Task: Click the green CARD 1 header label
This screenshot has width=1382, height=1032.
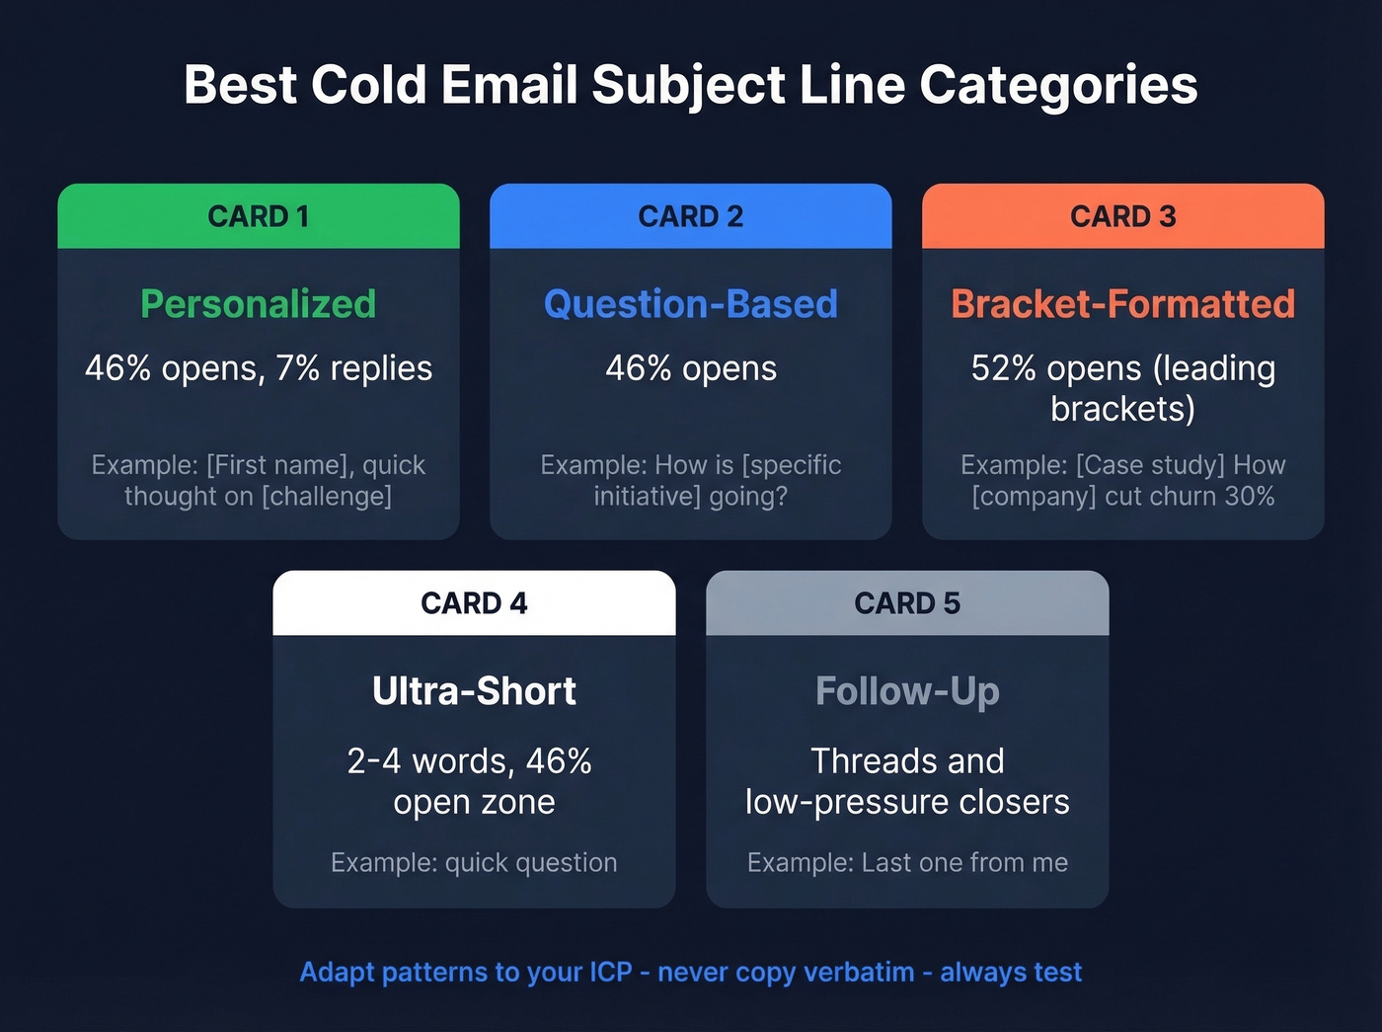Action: pos(259,216)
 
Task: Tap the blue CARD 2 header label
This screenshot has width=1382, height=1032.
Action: pos(691,216)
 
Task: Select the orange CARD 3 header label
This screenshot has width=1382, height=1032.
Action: pos(1123,216)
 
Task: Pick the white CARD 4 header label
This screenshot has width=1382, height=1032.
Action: pos(474,603)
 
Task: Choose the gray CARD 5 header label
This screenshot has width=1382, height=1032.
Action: pos(907,603)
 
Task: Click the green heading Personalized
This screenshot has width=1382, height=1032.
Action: pos(259,304)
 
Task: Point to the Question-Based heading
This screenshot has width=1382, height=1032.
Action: pos(691,304)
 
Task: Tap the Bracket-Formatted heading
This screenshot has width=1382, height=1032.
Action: pos(1123,304)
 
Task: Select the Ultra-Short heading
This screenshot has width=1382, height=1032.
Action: pos(474,691)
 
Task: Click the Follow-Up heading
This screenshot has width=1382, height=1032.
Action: pos(907,691)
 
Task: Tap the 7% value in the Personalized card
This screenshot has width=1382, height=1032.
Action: pos(298,368)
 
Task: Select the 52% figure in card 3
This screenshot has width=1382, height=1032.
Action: pos(1003,368)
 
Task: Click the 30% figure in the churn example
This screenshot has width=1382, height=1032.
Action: pos(1250,496)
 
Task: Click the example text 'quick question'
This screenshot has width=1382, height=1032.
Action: pos(531,863)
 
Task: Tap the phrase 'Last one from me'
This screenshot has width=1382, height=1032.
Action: pos(964,863)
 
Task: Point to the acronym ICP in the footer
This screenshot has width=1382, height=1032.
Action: pos(610,972)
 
